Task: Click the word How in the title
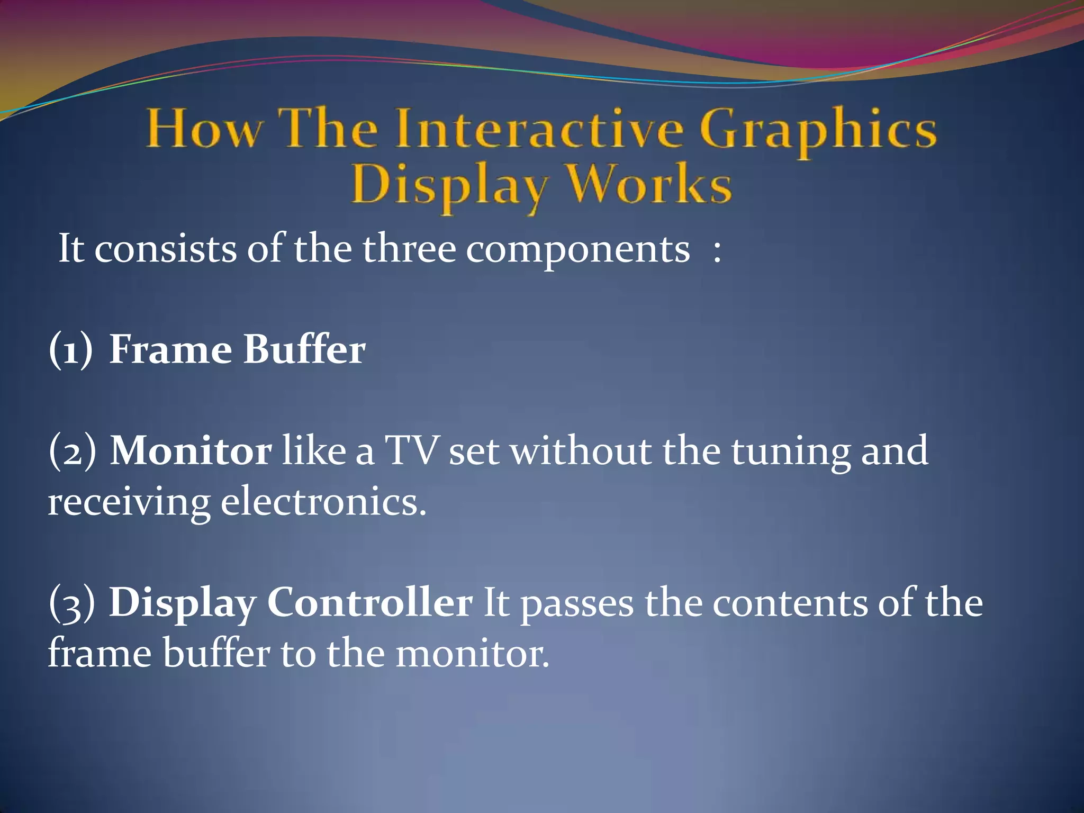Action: (204, 129)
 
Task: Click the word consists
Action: (165, 249)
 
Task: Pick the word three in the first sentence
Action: (409, 249)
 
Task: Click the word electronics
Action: (323, 502)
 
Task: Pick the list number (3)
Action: (72, 603)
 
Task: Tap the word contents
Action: (790, 603)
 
